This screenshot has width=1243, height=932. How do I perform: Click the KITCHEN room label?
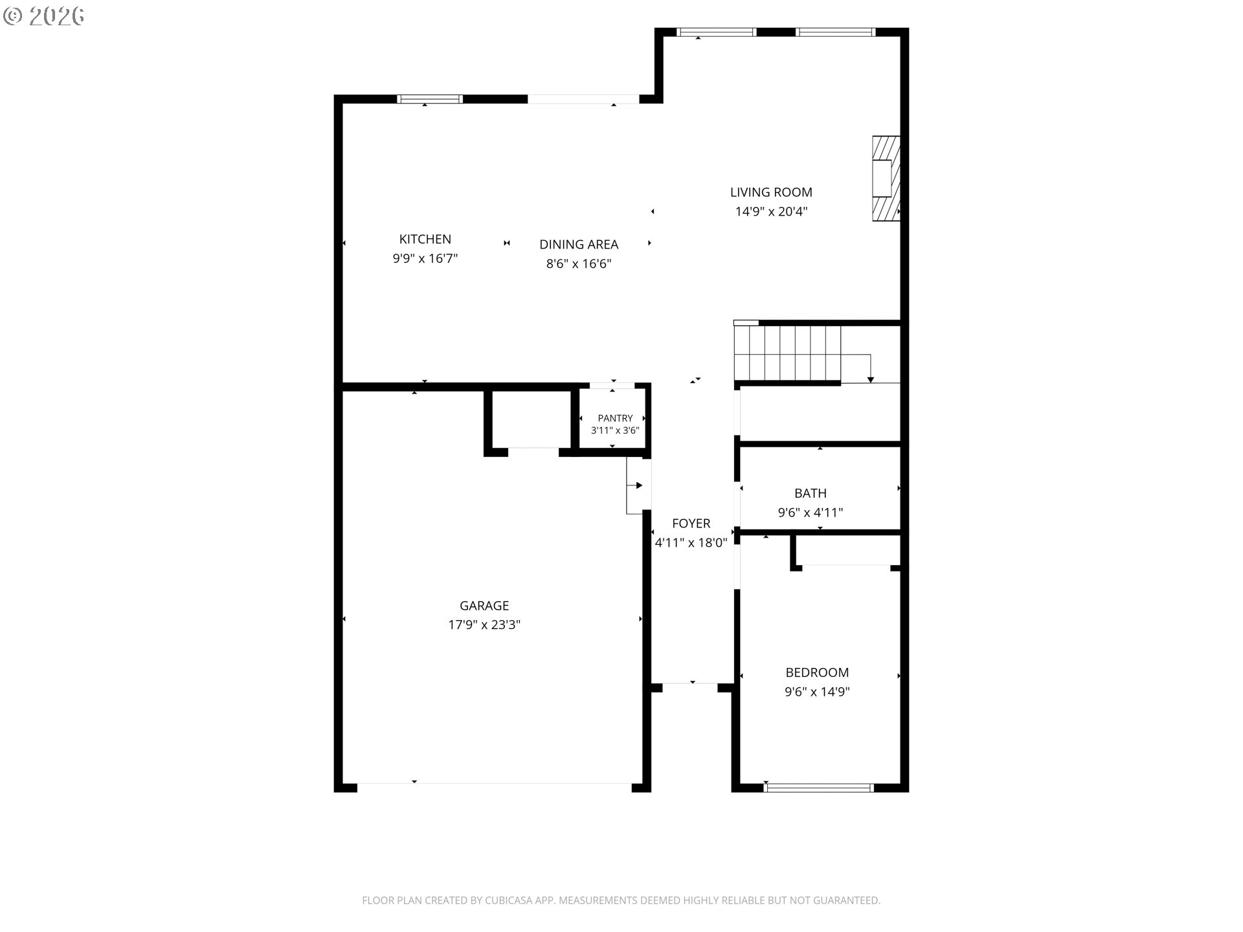(425, 239)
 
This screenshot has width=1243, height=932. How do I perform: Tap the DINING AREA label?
(579, 245)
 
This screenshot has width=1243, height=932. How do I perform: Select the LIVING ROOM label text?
(771, 192)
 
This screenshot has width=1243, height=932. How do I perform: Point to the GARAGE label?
(484, 606)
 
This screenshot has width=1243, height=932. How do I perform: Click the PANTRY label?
(615, 418)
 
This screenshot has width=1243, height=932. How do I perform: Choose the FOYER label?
(691, 524)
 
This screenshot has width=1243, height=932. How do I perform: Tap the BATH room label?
(811, 493)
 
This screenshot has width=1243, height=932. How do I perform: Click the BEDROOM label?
(817, 672)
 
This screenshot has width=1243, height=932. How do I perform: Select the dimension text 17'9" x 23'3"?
(484, 625)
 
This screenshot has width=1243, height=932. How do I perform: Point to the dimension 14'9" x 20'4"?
(771, 212)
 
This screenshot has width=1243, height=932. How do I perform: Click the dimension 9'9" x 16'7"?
(425, 259)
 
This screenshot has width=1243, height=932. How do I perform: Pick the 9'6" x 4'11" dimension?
(811, 513)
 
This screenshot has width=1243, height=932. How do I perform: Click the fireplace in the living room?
(886, 179)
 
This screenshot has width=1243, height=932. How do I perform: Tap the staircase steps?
(787, 353)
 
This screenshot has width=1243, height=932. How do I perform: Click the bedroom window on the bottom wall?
(818, 788)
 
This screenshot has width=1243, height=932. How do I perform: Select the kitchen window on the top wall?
(430, 99)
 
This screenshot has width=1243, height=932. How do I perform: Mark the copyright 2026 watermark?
(43, 16)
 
